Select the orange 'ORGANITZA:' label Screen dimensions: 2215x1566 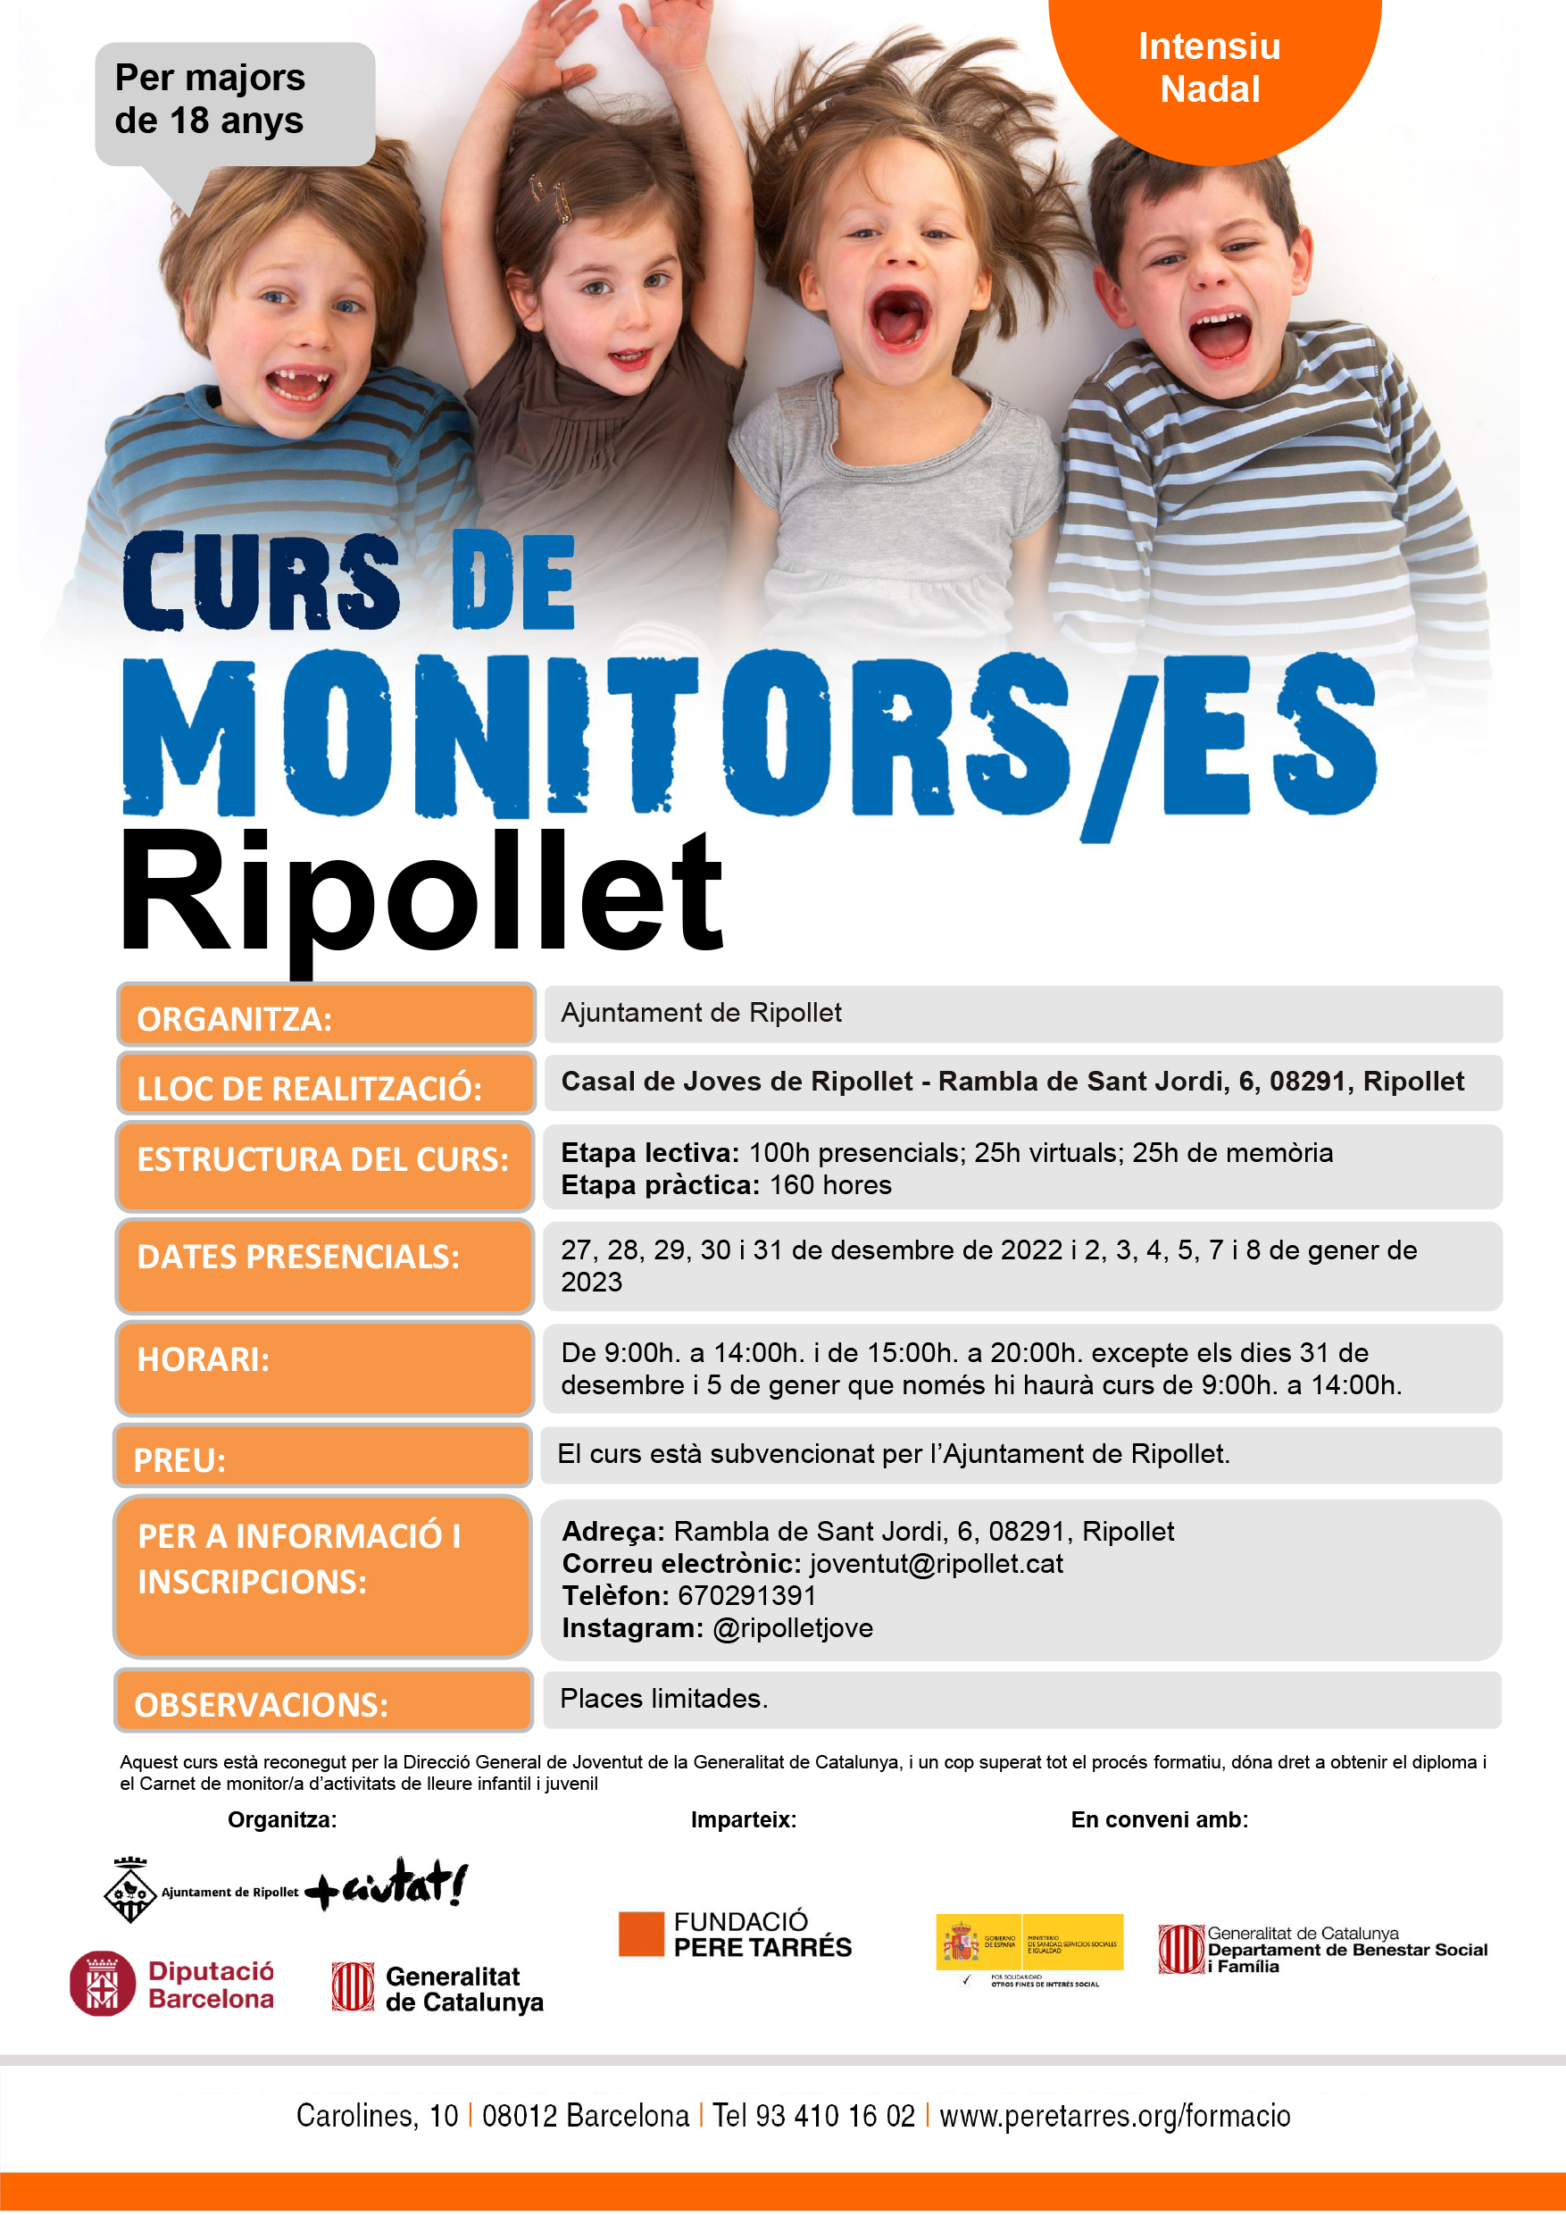tap(325, 1016)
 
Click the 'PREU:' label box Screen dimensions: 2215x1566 tap(321, 1457)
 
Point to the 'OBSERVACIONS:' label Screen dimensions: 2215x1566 tap(323, 1701)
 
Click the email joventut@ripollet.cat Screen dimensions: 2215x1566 tap(936, 1564)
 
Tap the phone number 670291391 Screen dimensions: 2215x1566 tap(746, 1596)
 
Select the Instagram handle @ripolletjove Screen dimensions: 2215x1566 tap(792, 1628)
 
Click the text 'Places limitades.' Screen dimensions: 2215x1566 tap(663, 1698)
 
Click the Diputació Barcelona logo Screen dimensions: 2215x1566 tap(171, 1985)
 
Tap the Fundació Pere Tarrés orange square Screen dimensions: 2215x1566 tap(641, 1934)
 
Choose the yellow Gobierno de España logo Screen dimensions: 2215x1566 tap(1029, 1941)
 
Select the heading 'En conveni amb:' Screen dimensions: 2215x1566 tap(1159, 1819)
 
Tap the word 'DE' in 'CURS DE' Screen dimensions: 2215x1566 tap(513, 581)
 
